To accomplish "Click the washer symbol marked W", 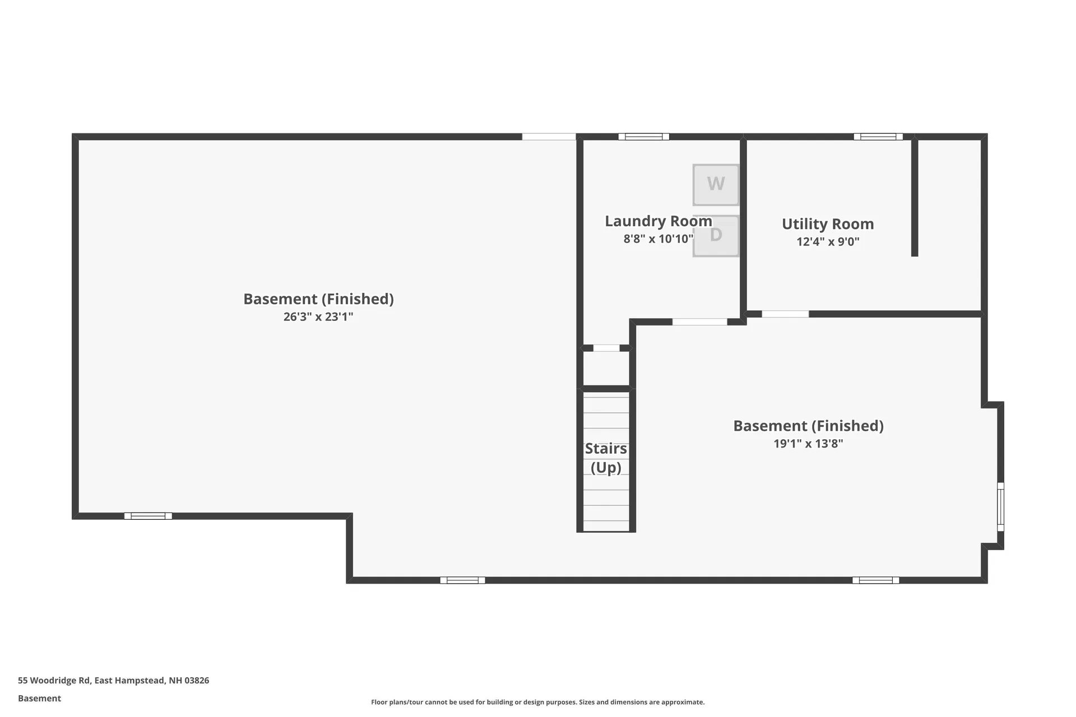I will (716, 184).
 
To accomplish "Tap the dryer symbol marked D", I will (716, 236).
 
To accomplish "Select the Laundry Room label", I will (658, 221).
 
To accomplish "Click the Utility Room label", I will (828, 224).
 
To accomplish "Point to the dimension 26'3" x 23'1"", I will (318, 317).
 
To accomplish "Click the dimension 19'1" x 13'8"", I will (808, 444).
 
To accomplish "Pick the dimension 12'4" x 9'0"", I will (828, 242).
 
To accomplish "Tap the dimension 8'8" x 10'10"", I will (658, 239).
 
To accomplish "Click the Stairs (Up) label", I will (606, 458).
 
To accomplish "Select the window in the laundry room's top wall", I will (643, 137).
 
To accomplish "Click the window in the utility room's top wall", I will (878, 137).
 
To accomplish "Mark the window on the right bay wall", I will (1000, 506).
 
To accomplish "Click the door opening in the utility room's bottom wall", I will (785, 314).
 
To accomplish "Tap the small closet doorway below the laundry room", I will (606, 348).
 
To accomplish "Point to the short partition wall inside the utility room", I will (914, 196).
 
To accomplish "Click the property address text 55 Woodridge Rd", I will (113, 681).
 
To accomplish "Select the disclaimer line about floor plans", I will (537, 702).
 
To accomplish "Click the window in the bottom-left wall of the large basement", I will (148, 516).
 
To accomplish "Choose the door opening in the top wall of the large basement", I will (549, 137).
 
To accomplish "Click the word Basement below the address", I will (39, 699).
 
